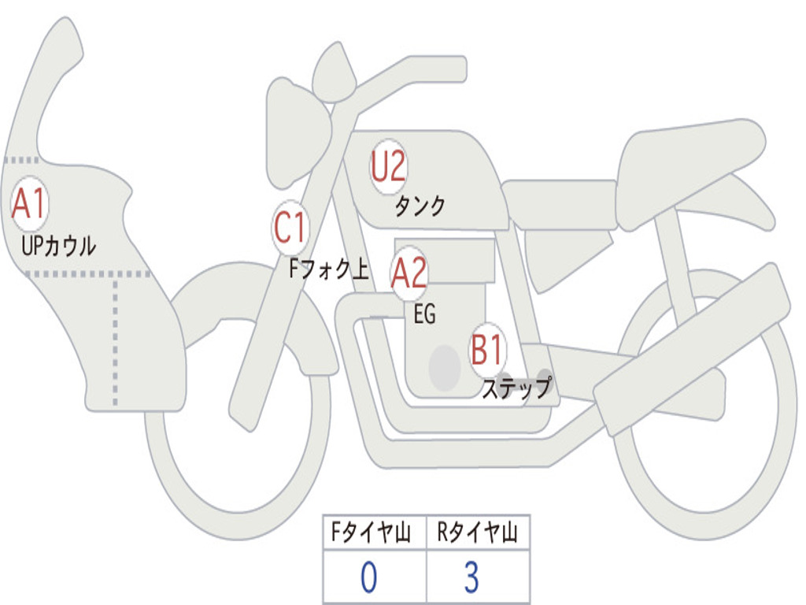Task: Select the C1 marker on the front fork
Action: [290, 229]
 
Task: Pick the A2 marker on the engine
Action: [409, 273]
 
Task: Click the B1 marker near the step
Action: [488, 350]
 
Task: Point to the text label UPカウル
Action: [59, 246]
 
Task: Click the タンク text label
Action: [420, 206]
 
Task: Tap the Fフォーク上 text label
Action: [328, 271]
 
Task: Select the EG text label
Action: [424, 316]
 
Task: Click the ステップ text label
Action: [516, 388]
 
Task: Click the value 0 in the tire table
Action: [368, 578]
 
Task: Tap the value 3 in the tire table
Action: [471, 578]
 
